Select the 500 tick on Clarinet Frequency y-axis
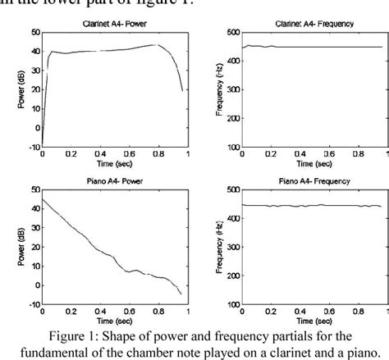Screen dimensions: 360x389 click(233, 32)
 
